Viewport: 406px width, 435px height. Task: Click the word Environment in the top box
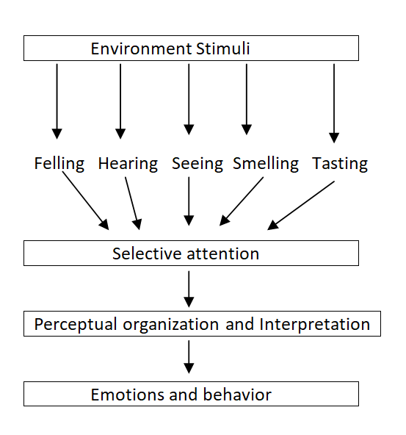pyautogui.click(x=141, y=48)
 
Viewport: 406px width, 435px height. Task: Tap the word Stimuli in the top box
pyautogui.click(x=223, y=48)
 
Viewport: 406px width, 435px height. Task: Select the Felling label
pyautogui.click(x=59, y=164)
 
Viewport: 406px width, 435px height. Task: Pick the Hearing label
pyautogui.click(x=128, y=164)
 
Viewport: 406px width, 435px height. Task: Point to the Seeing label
pyautogui.click(x=197, y=164)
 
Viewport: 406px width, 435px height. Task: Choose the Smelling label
pyautogui.click(x=266, y=164)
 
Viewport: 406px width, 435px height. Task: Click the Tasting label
pyautogui.click(x=340, y=164)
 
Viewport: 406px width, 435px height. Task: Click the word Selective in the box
pyautogui.click(x=147, y=254)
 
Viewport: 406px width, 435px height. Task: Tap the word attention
pyautogui.click(x=223, y=254)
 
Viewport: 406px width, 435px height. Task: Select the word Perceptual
pyautogui.click(x=76, y=324)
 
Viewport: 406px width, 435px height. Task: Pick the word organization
pyautogui.click(x=171, y=324)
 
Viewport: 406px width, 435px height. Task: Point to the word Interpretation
pyautogui.click(x=315, y=324)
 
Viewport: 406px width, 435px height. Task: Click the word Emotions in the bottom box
pyautogui.click(x=128, y=395)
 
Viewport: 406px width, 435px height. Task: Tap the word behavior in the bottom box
pyautogui.click(x=237, y=394)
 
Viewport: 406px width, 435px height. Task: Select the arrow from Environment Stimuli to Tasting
pyautogui.click(x=334, y=103)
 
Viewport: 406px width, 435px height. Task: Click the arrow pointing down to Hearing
pyautogui.click(x=120, y=101)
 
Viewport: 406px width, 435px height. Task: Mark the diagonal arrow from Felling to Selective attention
pyautogui.click(x=86, y=201)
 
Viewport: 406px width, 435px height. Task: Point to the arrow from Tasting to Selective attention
pyautogui.click(x=301, y=206)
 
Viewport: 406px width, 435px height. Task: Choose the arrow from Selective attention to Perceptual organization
pyautogui.click(x=189, y=289)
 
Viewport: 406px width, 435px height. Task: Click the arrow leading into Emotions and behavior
pyautogui.click(x=189, y=357)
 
